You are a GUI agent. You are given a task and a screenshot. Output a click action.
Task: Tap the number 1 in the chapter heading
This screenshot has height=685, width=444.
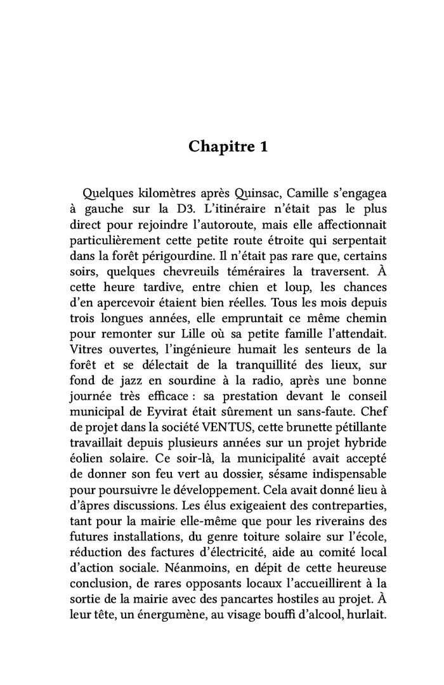click(263, 147)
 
